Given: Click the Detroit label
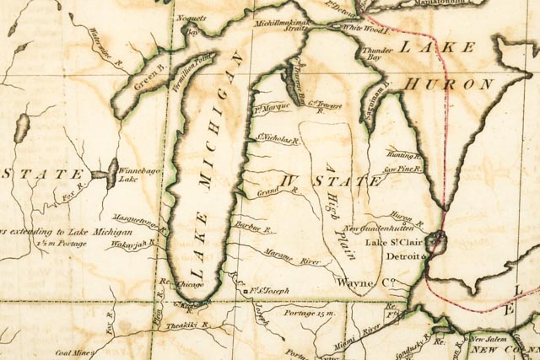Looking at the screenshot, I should point(402,255).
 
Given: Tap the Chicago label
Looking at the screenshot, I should point(186,286).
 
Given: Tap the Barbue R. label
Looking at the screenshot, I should point(255,228).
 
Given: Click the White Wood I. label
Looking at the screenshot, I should point(365,28).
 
